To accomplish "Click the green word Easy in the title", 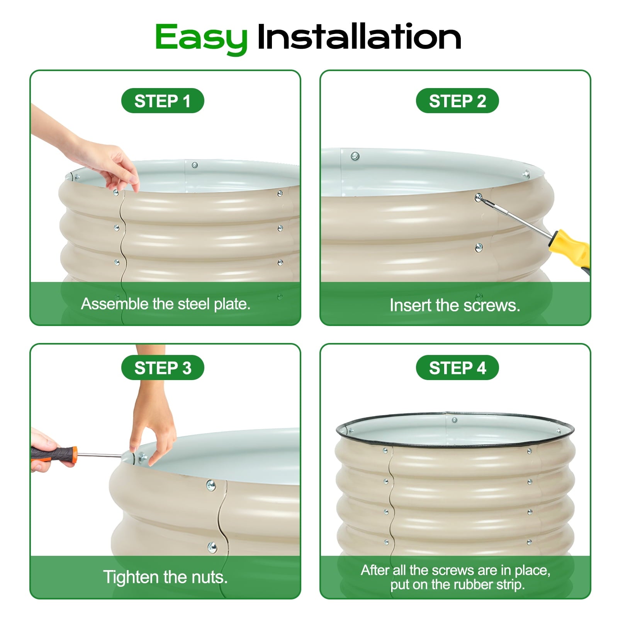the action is coord(201,38).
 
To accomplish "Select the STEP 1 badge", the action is coord(163,101).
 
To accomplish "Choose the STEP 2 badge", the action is coord(457,101).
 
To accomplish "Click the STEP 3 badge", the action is coord(163,368).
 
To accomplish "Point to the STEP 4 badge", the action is coord(457,368).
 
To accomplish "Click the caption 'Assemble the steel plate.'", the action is coord(166,304).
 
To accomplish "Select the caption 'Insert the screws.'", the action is coord(455,305).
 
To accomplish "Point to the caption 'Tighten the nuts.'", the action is coord(165,577).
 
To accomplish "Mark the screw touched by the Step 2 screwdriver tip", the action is coord(479,197).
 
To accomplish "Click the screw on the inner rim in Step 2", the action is coord(355,156).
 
